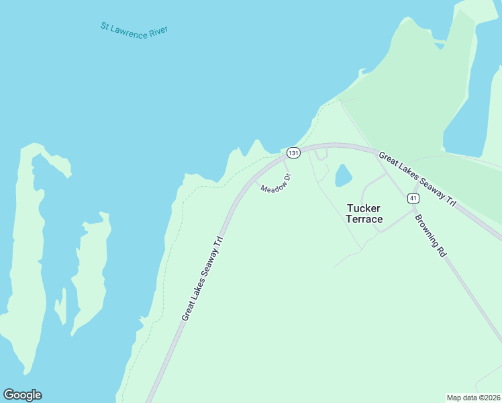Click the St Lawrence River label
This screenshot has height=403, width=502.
[134, 31]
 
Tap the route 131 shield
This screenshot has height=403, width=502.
[293, 153]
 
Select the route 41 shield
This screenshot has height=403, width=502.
[413, 198]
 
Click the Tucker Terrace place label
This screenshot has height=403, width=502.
[364, 214]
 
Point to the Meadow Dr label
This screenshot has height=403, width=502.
[276, 183]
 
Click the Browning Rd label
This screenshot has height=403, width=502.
[430, 236]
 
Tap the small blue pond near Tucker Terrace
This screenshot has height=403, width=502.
[343, 176]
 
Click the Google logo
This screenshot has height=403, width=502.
[22, 395]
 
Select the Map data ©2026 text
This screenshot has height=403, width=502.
[473, 397]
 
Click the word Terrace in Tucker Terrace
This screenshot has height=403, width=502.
[364, 220]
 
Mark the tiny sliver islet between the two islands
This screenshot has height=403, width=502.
[62, 306]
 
